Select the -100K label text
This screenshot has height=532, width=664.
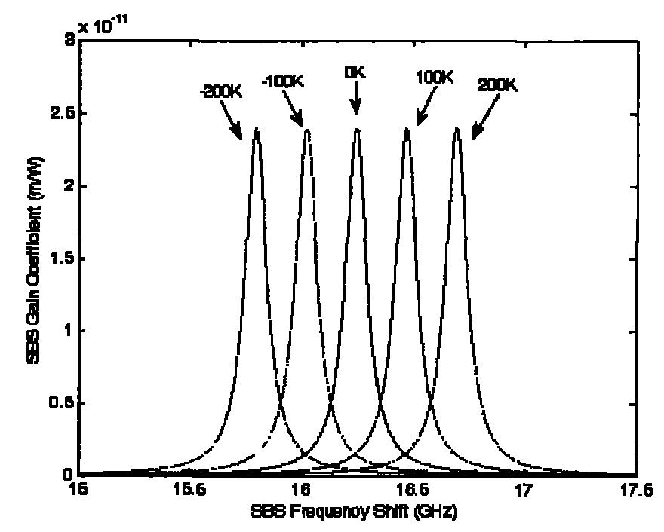(x=283, y=81)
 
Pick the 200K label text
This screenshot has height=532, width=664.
(x=497, y=85)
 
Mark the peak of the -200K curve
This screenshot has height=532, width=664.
(x=257, y=130)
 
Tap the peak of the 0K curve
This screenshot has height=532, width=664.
(x=357, y=129)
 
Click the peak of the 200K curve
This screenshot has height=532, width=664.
(x=457, y=129)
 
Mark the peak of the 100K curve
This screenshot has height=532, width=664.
(x=407, y=129)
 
